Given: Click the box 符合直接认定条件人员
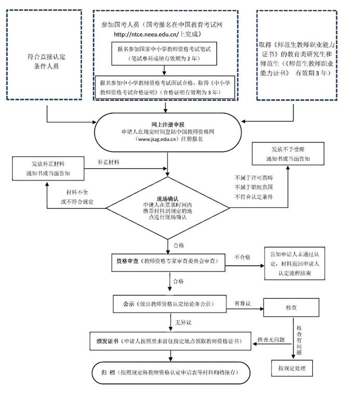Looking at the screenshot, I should (46, 61).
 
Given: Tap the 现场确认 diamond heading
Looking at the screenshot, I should (169, 198).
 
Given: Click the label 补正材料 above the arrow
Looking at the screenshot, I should (109, 162).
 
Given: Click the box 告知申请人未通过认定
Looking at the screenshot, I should (295, 264).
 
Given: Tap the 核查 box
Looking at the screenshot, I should (290, 307).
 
